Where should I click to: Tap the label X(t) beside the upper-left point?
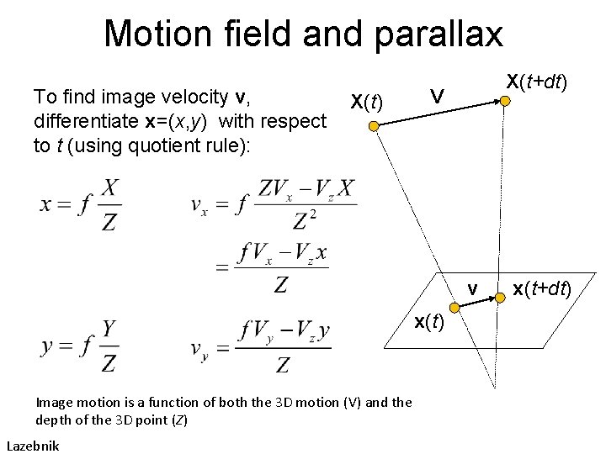pyautogui.click(x=366, y=103)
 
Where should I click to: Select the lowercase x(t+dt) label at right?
pyautogui.click(x=542, y=290)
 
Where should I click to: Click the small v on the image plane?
pyautogui.click(x=473, y=290)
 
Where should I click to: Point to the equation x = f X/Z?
pyautogui.click(x=81, y=205)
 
